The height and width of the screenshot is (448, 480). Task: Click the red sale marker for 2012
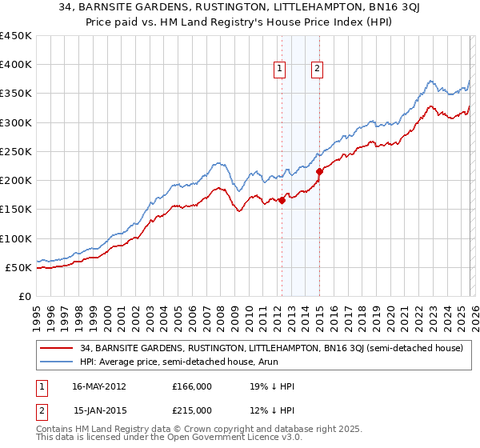click(282, 201)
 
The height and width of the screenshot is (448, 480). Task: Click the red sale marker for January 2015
click(319, 171)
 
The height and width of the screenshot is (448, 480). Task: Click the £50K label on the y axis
click(19, 267)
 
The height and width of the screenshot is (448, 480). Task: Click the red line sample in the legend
click(57, 348)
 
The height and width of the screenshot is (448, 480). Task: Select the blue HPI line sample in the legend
click(57, 362)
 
